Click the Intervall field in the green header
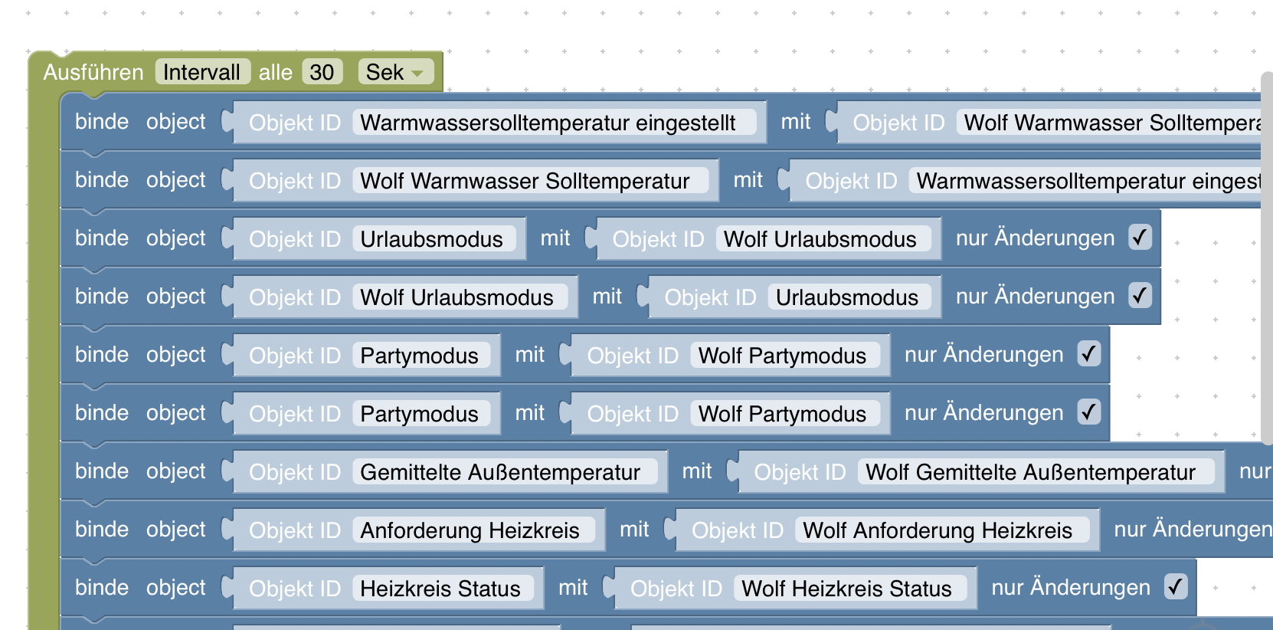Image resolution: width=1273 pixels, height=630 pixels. pyautogui.click(x=202, y=72)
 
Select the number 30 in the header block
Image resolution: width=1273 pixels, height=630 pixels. pyautogui.click(x=322, y=72)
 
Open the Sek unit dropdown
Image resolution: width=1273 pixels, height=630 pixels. pyautogui.click(x=395, y=72)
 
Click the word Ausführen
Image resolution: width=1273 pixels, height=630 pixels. pyautogui.click(x=93, y=72)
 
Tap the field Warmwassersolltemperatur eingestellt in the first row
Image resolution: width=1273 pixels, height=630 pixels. pyautogui.click(x=548, y=123)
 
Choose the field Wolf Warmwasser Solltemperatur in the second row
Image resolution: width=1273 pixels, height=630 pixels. pyautogui.click(x=525, y=181)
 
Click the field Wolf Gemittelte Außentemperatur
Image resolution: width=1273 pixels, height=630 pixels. pyautogui.click(x=1030, y=472)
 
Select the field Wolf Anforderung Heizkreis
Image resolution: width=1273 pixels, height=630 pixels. pyautogui.click(x=938, y=530)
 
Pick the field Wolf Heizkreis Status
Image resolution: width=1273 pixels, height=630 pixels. pyautogui.click(x=846, y=589)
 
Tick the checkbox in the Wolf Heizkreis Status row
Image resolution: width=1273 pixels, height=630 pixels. pyautogui.click(x=1176, y=587)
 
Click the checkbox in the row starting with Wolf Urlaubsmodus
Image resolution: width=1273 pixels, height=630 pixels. pyautogui.click(x=1140, y=296)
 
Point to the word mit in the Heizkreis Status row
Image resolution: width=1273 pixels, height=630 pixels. pyautogui.click(x=573, y=588)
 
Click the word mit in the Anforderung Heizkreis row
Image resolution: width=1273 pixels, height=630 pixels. pyautogui.click(x=634, y=530)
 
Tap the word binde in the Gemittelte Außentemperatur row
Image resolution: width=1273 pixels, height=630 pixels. pyautogui.click(x=102, y=471)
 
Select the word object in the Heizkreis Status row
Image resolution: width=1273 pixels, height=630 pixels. pyautogui.click(x=176, y=588)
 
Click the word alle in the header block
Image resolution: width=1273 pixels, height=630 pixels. pyautogui.click(x=276, y=72)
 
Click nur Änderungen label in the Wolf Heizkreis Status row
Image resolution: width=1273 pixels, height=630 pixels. pyautogui.click(x=1071, y=588)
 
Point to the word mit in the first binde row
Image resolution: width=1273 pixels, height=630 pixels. pyautogui.click(x=796, y=122)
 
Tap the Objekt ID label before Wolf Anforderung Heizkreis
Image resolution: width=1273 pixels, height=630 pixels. pyautogui.click(x=738, y=530)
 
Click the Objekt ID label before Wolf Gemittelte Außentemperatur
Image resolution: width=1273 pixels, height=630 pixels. pyautogui.click(x=800, y=472)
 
